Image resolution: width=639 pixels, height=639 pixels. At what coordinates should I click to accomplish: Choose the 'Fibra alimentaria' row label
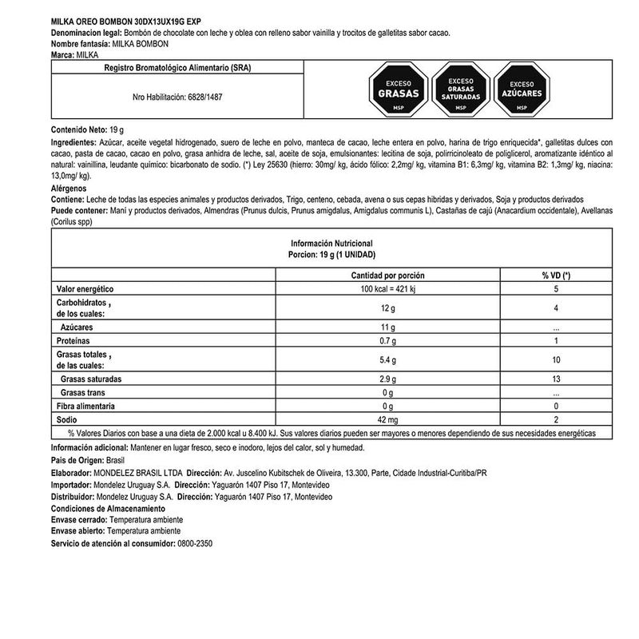pyautogui.click(x=89, y=405)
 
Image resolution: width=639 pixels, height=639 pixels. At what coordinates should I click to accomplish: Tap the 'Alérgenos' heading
pyautogui.click(x=69, y=189)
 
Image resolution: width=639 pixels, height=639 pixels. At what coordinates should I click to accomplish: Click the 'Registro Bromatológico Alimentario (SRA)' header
pyautogui.click(x=177, y=69)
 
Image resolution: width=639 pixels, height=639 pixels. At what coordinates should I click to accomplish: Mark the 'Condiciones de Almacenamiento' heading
pyautogui.click(x=108, y=508)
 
